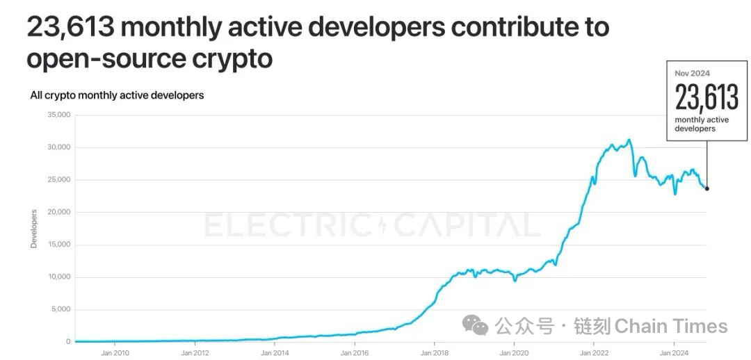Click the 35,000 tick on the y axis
pyautogui.click(x=59, y=115)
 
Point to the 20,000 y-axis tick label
pyautogui.click(x=59, y=212)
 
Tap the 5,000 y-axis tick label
pyautogui.click(x=61, y=309)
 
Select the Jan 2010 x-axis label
pyautogui.click(x=115, y=352)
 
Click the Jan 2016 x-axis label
pyautogui.click(x=355, y=352)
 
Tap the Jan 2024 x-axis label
pyautogui.click(x=673, y=352)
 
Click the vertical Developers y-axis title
pyautogui.click(x=34, y=229)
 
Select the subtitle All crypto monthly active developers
pyautogui.click(x=117, y=95)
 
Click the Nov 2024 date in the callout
pyautogui.click(x=692, y=73)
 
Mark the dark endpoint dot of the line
pyautogui.click(x=707, y=188)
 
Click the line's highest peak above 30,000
pyautogui.click(x=629, y=140)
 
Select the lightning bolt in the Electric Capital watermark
pyautogui.click(x=383, y=225)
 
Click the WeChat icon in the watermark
pyautogui.click(x=476, y=325)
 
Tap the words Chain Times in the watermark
pyautogui.click(x=671, y=326)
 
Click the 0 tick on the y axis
pyautogui.click(x=68, y=342)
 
